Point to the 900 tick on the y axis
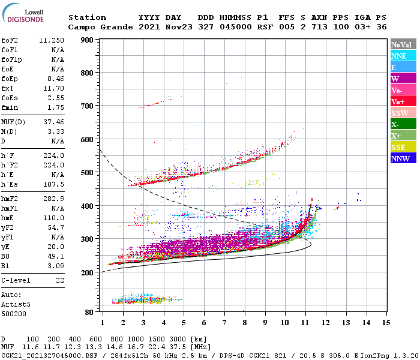88,40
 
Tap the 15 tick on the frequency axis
386,323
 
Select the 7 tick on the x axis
224,323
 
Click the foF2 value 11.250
52,40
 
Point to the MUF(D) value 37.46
53,120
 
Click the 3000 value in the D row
178,340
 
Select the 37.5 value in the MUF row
178,347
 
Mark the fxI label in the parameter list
8,87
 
